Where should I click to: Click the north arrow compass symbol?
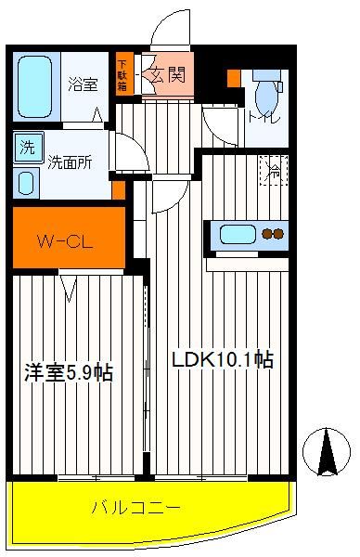[x=327, y=452]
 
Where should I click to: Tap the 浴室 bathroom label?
[x=83, y=84]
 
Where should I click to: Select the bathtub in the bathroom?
[x=34, y=86]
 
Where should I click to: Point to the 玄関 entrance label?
[x=168, y=75]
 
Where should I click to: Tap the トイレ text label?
[x=264, y=118]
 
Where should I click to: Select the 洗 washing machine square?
[x=29, y=148]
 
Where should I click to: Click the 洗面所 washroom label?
[x=70, y=162]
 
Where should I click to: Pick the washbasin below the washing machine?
[x=26, y=183]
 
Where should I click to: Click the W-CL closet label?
[x=66, y=242]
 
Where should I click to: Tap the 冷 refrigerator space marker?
[x=274, y=171]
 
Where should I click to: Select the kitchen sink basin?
[x=238, y=235]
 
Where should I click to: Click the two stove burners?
[x=273, y=234]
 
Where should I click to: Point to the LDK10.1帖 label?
[x=223, y=359]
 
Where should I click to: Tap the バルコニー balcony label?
[x=136, y=508]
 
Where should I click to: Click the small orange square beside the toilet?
[x=234, y=79]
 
